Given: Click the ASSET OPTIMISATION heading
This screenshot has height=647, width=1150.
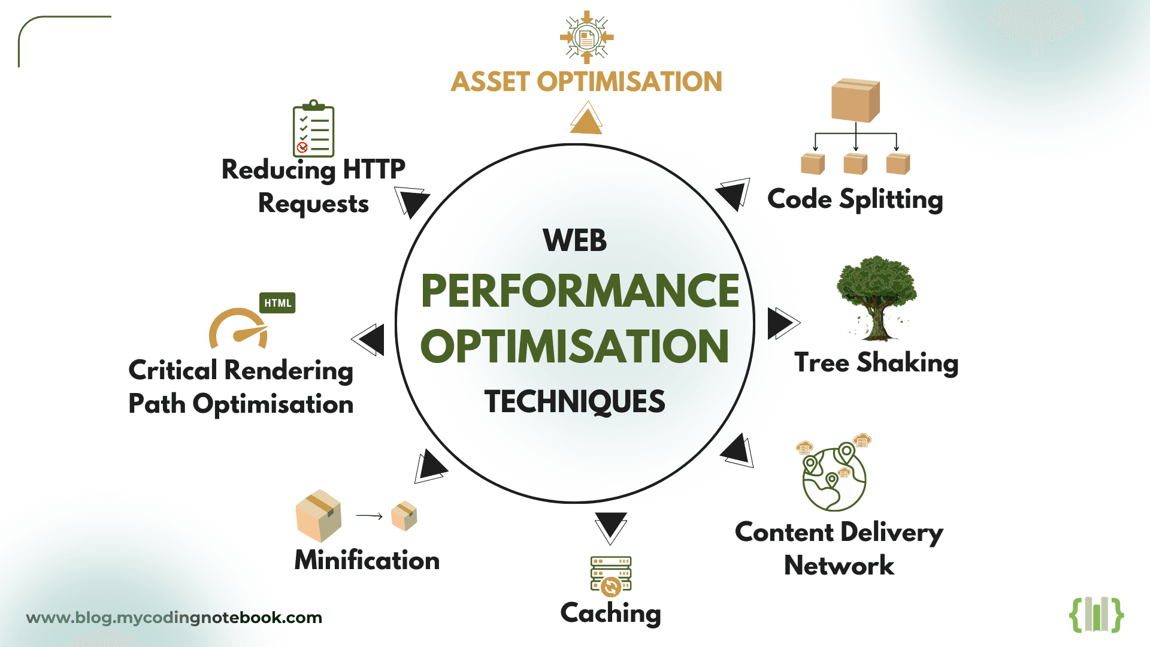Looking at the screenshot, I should (586, 82).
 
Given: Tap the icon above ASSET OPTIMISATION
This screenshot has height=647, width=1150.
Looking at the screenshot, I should (586, 37).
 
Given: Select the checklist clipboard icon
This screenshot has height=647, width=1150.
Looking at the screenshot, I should (313, 129).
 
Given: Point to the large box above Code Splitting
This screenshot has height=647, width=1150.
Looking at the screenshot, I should (855, 99).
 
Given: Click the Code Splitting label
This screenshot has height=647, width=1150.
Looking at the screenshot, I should (855, 199).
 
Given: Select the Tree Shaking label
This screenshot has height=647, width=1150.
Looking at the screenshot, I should (876, 363).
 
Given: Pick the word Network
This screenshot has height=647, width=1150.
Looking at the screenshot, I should (839, 566).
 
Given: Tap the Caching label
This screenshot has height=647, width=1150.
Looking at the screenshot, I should (610, 613).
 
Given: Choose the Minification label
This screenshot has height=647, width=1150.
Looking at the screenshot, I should (367, 561).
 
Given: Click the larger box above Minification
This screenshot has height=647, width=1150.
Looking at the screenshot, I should (319, 515).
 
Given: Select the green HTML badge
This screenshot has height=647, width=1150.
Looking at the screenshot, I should (277, 303).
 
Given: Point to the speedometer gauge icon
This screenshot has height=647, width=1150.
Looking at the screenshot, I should (238, 329).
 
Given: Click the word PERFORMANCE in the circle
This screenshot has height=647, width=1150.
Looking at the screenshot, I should (580, 292).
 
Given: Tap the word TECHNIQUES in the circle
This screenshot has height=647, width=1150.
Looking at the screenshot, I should (574, 401).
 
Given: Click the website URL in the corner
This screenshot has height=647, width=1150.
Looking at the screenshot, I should (174, 618).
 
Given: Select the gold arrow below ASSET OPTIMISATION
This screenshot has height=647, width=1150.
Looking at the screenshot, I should (586, 119).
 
